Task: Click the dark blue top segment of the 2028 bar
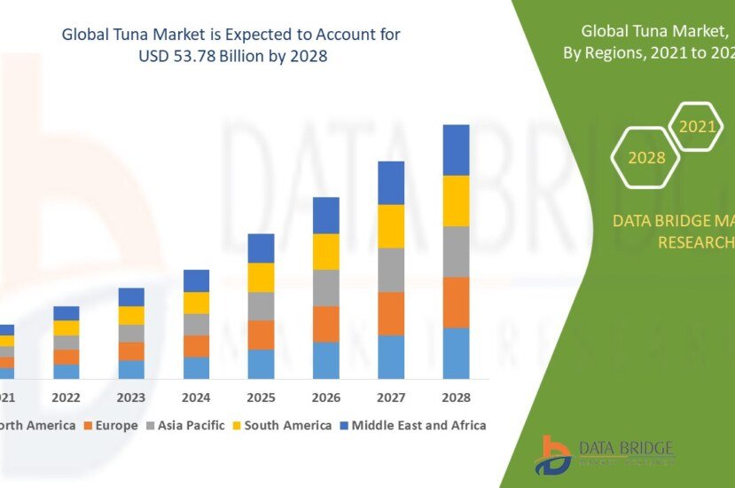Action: click(x=456, y=150)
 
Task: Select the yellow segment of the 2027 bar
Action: click(x=391, y=226)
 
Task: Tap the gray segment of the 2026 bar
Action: click(x=325, y=287)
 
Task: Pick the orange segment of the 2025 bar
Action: click(x=261, y=335)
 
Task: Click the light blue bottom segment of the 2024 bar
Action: click(x=196, y=368)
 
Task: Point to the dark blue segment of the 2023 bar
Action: click(x=131, y=296)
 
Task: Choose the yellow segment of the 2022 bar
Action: click(x=66, y=327)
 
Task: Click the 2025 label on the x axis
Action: click(x=261, y=397)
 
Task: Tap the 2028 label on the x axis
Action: click(x=456, y=397)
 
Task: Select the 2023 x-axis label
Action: click(x=131, y=397)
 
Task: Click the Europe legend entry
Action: click(x=111, y=426)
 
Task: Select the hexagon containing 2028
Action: click(x=646, y=158)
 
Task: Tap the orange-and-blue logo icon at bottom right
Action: click(x=552, y=454)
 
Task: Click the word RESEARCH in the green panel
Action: click(x=695, y=242)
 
